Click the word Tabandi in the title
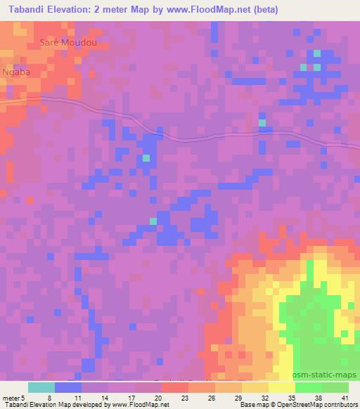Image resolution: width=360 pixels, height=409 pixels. click(30, 10)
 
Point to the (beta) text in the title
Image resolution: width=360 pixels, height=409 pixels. click(258, 10)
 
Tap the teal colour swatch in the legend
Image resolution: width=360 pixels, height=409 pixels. click(41, 387)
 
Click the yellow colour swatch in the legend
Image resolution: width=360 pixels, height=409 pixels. click(281, 387)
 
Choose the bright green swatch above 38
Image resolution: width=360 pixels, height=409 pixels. click(308, 387)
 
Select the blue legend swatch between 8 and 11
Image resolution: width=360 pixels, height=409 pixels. click(68, 387)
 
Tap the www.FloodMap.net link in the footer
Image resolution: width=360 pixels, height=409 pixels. click(134, 405)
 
